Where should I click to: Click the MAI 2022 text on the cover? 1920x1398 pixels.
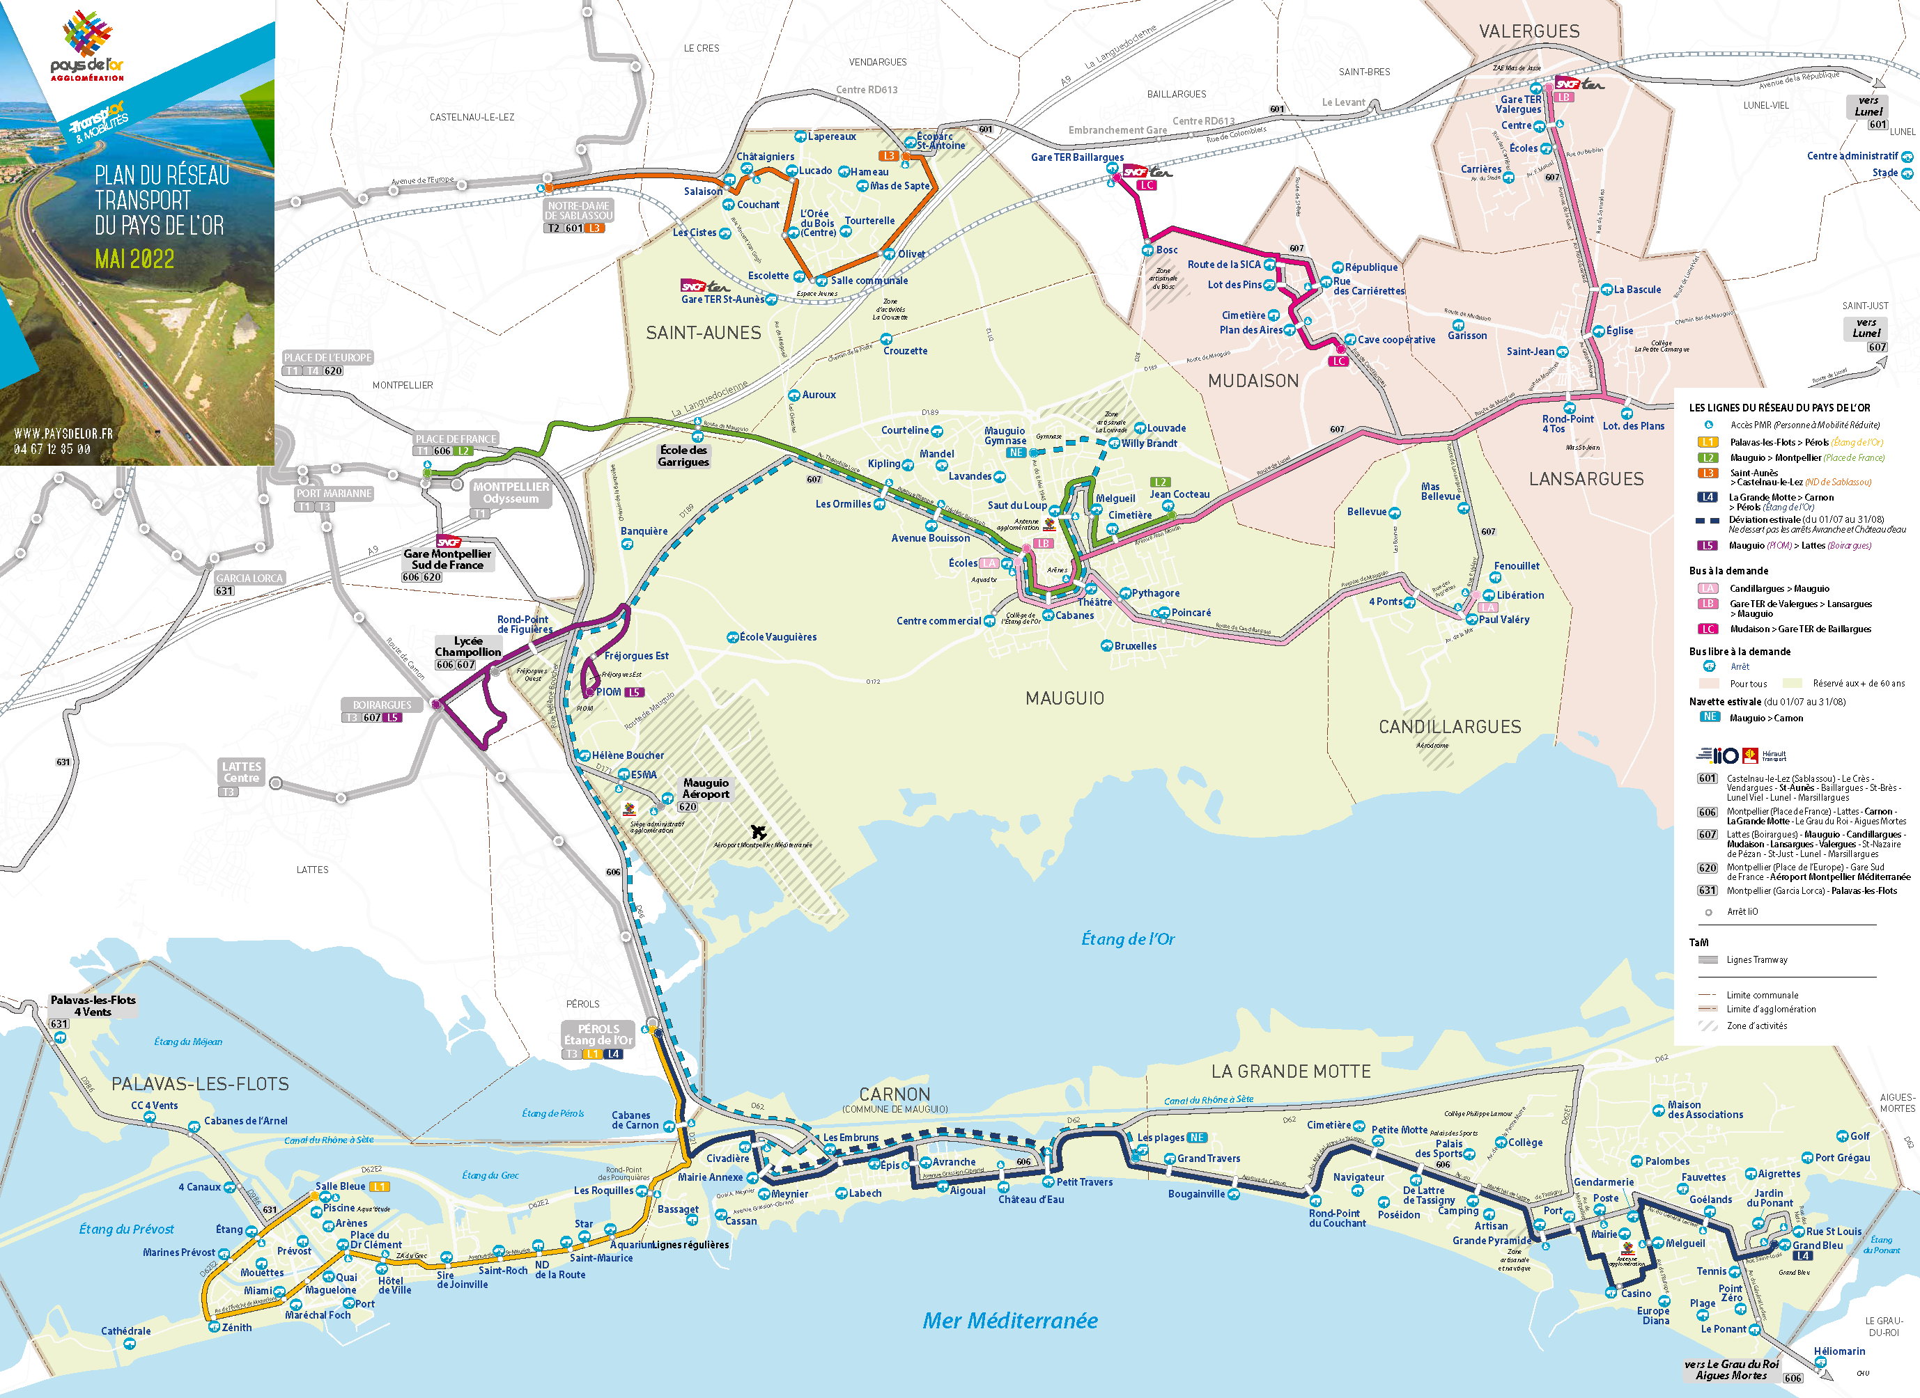(134, 259)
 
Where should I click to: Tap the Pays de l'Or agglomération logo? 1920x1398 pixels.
(87, 47)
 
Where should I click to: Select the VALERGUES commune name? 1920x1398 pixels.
(1529, 31)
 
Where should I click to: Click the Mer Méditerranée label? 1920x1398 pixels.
(1010, 1320)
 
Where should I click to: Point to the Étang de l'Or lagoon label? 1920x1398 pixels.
(1128, 938)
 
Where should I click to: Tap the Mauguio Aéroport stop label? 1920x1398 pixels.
(705, 789)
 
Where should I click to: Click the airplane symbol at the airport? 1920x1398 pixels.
(759, 833)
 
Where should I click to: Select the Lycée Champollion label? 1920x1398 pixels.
(467, 647)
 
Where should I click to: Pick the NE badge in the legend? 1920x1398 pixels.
(1709, 717)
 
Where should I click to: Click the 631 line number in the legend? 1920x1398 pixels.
(1707, 890)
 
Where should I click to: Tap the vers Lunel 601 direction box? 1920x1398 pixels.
(1868, 111)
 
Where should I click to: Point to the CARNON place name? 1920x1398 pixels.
(894, 1094)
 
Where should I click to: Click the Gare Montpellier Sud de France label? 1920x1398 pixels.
(447, 559)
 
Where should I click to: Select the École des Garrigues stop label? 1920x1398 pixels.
(683, 456)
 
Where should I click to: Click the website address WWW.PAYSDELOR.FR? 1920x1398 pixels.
(63, 433)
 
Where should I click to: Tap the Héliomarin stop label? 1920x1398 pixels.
(1838, 1351)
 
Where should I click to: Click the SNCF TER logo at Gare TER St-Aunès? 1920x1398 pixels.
(704, 286)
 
